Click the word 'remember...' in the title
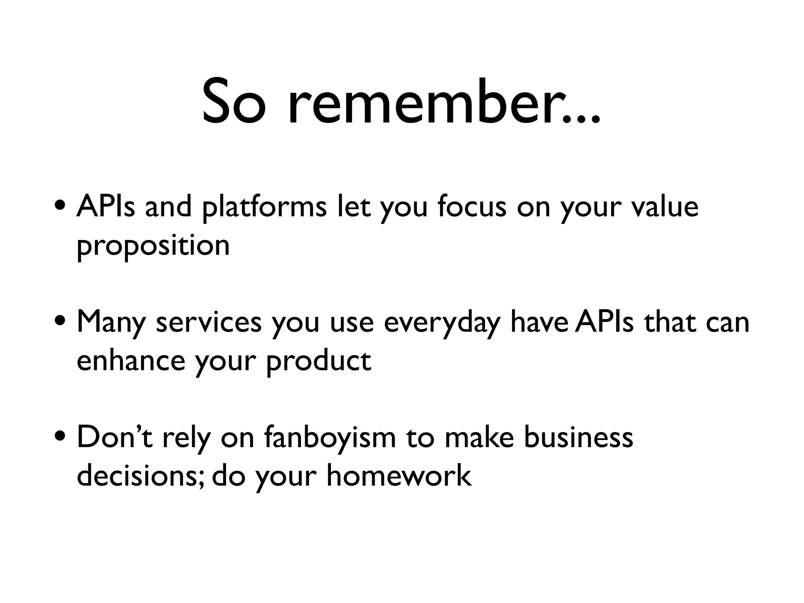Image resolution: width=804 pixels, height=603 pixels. pyautogui.click(x=444, y=103)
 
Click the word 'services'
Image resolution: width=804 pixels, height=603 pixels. pyautogui.click(x=208, y=323)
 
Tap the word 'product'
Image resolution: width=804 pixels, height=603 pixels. pyautogui.click(x=318, y=361)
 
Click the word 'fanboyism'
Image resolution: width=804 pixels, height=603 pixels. pyautogui.click(x=330, y=438)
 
